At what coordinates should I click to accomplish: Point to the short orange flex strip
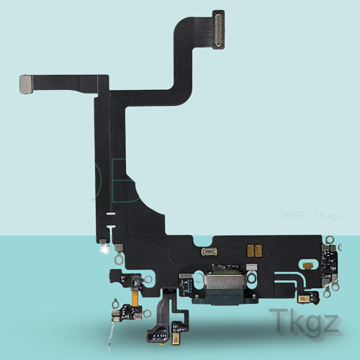pyautogui.click(x=134, y=293)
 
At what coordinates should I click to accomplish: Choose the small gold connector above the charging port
pyautogui.click(x=209, y=251)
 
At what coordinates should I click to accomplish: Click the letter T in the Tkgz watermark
pyautogui.click(x=279, y=322)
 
